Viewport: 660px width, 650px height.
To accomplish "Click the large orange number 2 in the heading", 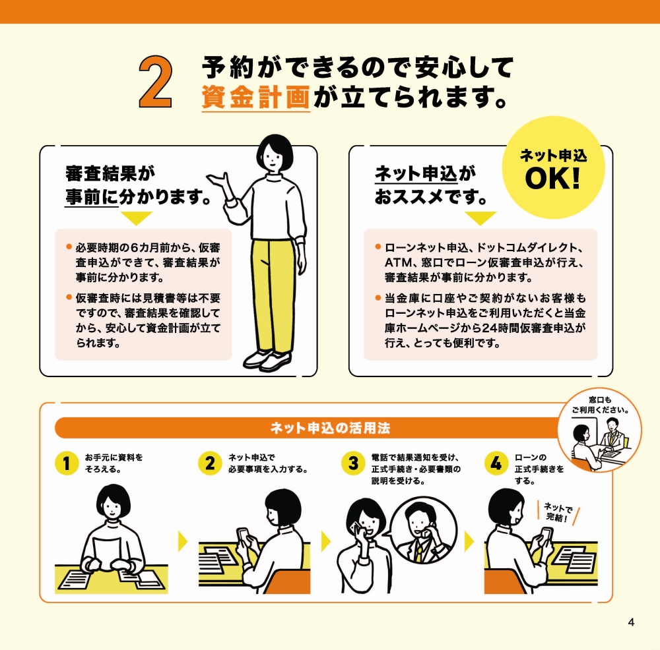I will pyautogui.click(x=156, y=82).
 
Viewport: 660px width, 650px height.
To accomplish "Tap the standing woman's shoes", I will pyautogui.click(x=267, y=360).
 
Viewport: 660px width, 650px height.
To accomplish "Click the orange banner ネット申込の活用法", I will pyautogui.click(x=330, y=428).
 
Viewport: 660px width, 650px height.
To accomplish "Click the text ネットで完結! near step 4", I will pyautogui.click(x=558, y=512).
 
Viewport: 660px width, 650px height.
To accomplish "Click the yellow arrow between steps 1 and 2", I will pyautogui.click(x=183, y=542).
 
